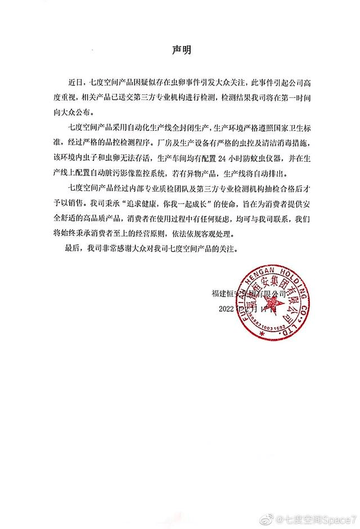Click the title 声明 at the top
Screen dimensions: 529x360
click(x=181, y=49)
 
